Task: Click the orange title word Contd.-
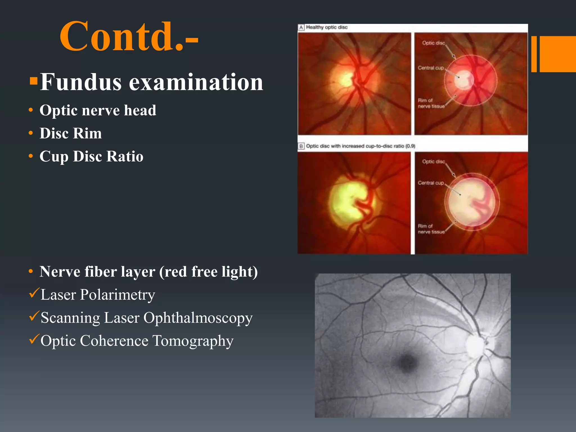tap(129, 37)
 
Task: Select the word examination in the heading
tap(196, 82)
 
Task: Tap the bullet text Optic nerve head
tap(98, 110)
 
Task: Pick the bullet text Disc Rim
tap(71, 133)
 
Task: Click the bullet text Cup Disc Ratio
tap(91, 156)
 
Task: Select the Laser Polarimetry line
tap(98, 295)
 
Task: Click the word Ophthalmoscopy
tap(198, 318)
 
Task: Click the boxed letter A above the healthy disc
tap(301, 27)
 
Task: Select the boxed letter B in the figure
tap(301, 146)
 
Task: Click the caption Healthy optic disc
tap(327, 27)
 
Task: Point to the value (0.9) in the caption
tap(410, 146)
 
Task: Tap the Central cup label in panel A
tap(431, 68)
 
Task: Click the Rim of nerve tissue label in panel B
tap(431, 229)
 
